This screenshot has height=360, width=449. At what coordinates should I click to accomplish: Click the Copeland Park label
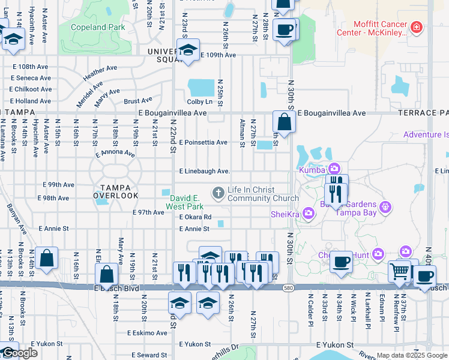click(98, 27)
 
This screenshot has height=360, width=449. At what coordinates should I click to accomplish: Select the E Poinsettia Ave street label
click(203, 143)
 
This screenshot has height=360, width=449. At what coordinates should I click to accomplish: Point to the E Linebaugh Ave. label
click(205, 172)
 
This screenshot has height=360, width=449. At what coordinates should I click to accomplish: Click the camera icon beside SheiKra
click(309, 213)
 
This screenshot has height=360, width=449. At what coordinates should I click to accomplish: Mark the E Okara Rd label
click(195, 217)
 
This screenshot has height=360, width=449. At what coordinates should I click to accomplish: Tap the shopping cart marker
click(399, 271)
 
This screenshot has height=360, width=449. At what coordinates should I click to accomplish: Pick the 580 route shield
click(289, 287)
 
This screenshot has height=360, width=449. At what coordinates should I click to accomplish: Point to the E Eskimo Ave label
click(147, 333)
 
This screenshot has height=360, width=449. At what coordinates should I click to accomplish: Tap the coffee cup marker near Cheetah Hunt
click(341, 262)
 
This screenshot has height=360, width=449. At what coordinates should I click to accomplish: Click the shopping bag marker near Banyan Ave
click(46, 258)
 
